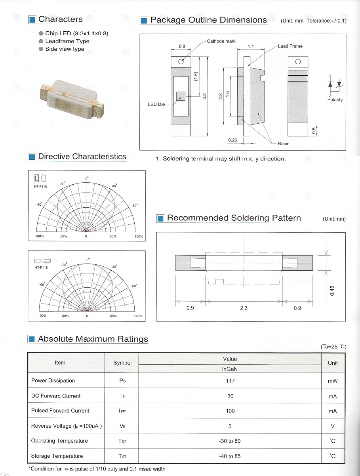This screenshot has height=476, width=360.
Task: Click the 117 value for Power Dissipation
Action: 230,381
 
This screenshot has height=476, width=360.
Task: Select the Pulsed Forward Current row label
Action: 60,411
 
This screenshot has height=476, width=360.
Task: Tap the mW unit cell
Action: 333,381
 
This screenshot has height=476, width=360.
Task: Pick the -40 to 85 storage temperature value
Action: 230,456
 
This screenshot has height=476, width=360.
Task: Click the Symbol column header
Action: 122,363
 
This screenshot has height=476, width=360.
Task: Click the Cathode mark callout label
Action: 221,41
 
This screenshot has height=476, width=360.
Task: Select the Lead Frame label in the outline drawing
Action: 290,46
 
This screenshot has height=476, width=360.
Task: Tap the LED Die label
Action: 156,105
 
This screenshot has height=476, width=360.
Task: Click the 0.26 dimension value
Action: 232,140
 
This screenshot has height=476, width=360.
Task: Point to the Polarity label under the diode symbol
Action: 335,100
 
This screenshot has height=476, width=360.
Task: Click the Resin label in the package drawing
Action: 284,143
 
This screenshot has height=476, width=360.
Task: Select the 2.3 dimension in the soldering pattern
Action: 244,308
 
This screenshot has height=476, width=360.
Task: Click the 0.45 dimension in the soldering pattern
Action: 332,291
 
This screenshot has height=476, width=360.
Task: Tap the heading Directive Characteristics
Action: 82,157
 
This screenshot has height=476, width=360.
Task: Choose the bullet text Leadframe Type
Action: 67,41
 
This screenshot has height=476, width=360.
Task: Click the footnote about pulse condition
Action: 97,469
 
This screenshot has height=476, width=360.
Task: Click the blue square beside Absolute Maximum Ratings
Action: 32,339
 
